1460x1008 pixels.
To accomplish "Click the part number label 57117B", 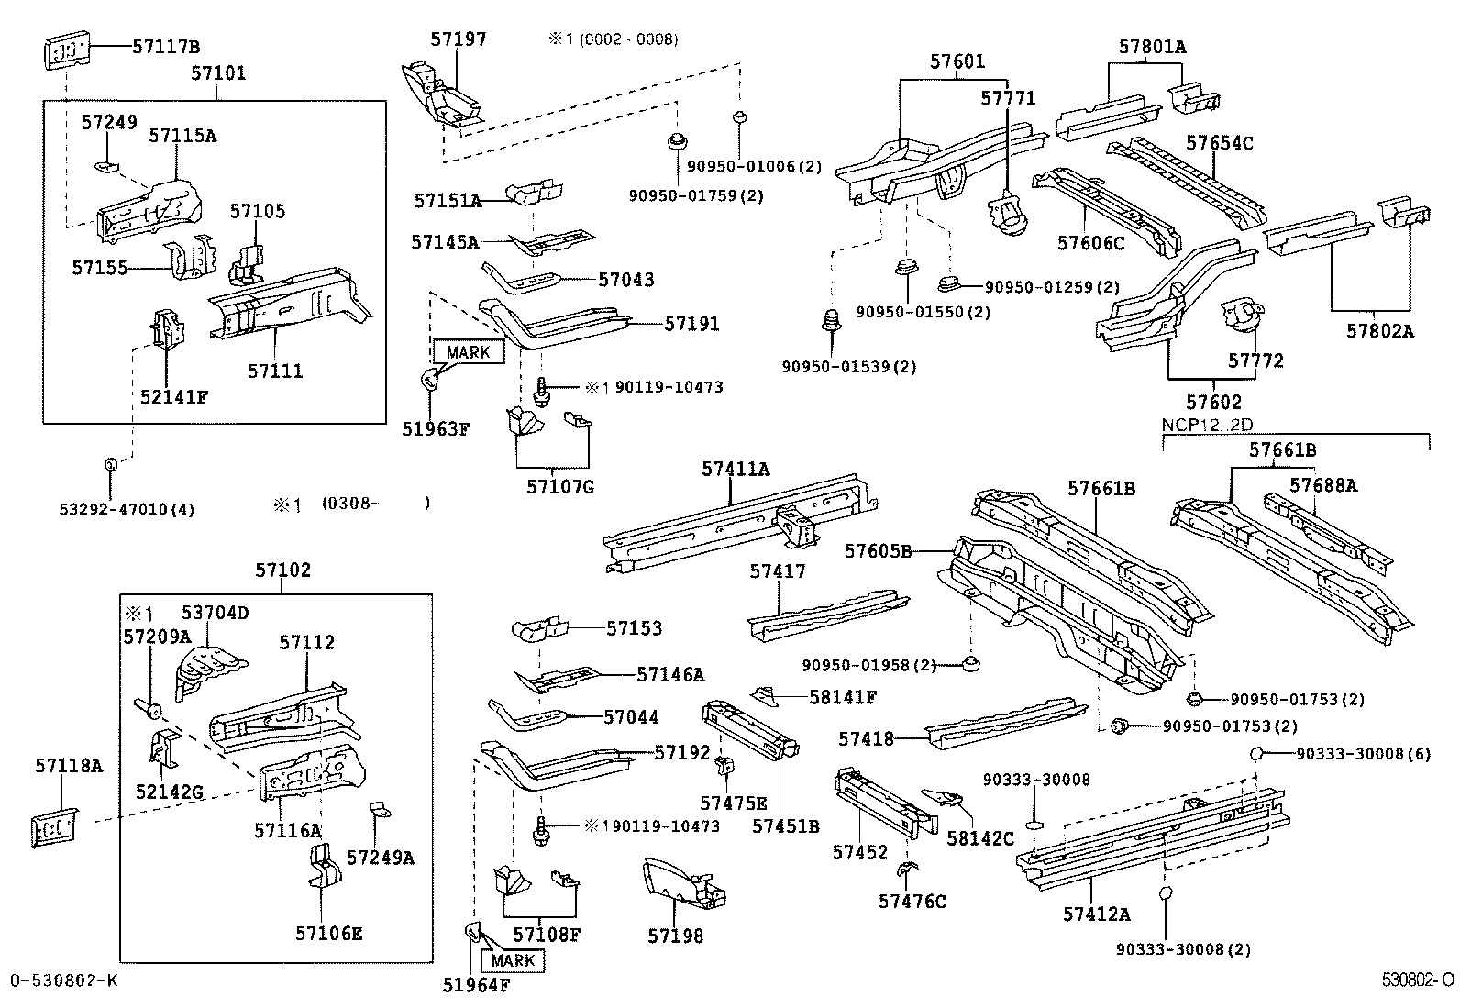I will pyautogui.click(x=166, y=46).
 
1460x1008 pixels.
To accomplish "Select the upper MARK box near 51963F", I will pyautogui.click(x=468, y=352).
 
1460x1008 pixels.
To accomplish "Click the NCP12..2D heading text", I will pyautogui.click(x=1206, y=425).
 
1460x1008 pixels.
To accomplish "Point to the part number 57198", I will pyautogui.click(x=675, y=936).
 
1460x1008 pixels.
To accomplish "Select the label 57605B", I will pyautogui.click(x=878, y=551).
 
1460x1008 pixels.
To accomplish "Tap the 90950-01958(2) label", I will pyautogui.click(x=868, y=665).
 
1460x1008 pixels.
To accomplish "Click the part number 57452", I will pyautogui.click(x=860, y=853).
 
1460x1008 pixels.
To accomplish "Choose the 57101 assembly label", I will pyautogui.click(x=218, y=72).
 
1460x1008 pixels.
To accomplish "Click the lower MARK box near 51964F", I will pyautogui.click(x=513, y=960).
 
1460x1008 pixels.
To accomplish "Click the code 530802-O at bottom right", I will pyautogui.click(x=1419, y=980).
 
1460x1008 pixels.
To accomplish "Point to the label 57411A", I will pyautogui.click(x=736, y=469).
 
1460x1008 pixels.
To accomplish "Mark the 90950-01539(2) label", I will pyautogui.click(x=848, y=367).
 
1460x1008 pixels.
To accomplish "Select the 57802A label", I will pyautogui.click(x=1379, y=332).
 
